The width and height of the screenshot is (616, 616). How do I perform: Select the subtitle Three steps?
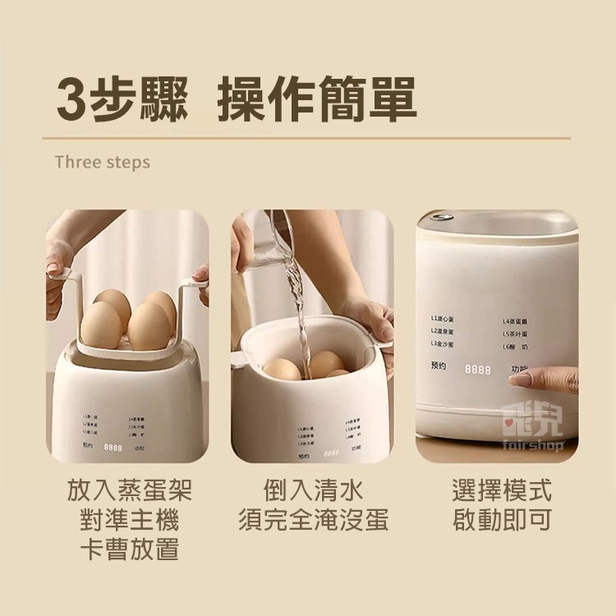[103, 162]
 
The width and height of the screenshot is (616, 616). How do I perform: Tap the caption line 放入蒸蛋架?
[129, 491]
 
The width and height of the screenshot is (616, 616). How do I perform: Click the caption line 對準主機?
[129, 520]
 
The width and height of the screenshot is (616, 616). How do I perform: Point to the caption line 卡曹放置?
[129, 549]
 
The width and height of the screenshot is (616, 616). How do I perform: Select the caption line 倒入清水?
[313, 491]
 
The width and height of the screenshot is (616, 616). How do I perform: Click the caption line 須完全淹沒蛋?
[313, 520]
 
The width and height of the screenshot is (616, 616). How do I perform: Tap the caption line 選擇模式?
[502, 491]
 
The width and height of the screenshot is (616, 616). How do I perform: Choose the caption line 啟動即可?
[502, 520]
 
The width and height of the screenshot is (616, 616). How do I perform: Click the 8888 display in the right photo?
[478, 370]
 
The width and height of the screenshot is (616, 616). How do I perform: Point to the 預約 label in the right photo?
[438, 365]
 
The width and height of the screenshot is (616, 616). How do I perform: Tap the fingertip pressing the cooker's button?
[519, 379]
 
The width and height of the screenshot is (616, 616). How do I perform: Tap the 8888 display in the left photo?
[113, 448]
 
